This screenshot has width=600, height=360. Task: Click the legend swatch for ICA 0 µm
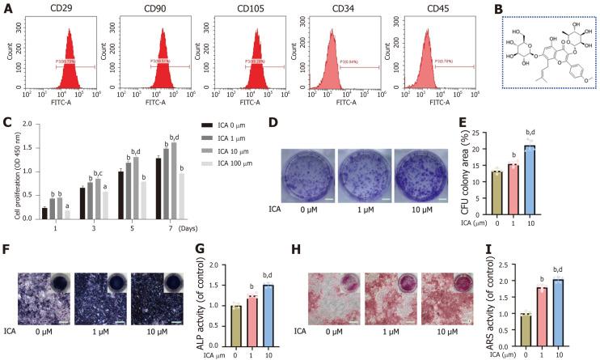pyautogui.click(x=204, y=125)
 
